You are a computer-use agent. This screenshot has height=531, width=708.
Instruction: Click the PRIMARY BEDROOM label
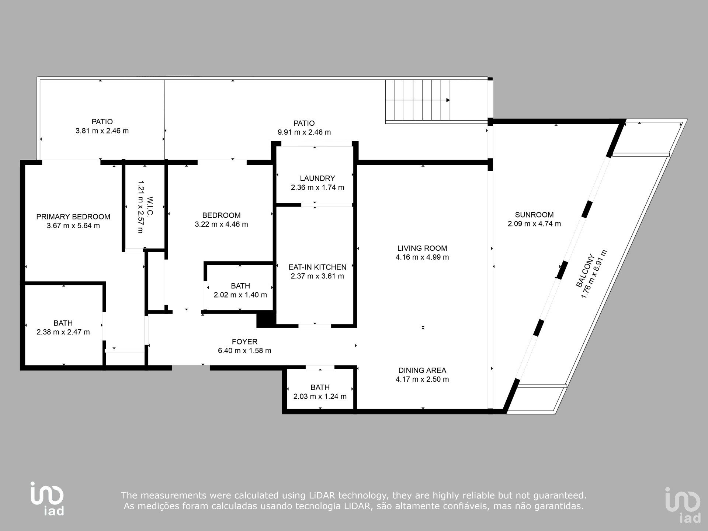click(73, 217)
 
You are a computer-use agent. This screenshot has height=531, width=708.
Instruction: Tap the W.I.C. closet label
click(150, 206)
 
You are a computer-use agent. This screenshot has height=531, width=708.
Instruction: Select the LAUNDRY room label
click(317, 178)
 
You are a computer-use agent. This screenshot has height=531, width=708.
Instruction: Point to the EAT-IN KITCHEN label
click(317, 267)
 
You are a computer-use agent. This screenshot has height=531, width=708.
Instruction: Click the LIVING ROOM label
click(422, 249)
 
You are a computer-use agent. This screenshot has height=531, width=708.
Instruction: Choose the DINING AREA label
click(422, 370)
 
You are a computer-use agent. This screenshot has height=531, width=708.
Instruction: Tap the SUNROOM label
click(534, 215)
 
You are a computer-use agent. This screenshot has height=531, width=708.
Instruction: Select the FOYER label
click(244, 342)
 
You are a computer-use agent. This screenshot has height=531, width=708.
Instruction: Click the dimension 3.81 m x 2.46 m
click(102, 131)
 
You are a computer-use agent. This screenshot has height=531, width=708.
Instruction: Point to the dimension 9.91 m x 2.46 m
click(304, 132)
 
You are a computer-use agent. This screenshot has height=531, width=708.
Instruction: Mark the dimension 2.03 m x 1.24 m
click(320, 397)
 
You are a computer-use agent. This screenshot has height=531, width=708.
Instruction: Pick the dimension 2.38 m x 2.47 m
click(63, 332)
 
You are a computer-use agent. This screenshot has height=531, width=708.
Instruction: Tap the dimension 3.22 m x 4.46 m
click(221, 224)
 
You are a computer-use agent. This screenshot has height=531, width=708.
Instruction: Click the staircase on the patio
click(418, 100)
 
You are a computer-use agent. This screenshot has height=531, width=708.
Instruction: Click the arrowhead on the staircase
click(448, 100)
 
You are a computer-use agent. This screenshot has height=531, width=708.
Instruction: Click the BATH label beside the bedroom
click(240, 286)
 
